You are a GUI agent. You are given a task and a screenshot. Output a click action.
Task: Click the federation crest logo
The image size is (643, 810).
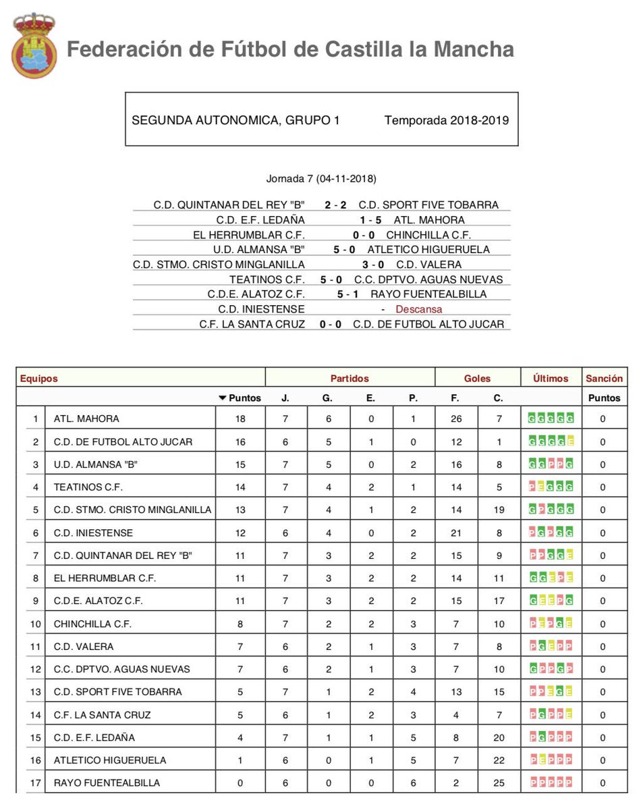pos(34,45)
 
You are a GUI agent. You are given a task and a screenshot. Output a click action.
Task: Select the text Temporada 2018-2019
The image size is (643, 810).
pos(446,121)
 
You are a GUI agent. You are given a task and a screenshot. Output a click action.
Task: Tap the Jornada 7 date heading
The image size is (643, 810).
pos(321,179)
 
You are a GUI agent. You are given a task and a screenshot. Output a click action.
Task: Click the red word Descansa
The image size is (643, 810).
pos(418,309)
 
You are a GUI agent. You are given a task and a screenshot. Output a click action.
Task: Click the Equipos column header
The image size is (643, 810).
pos(39,379)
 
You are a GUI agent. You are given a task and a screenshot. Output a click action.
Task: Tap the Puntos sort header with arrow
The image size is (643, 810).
pos(240,398)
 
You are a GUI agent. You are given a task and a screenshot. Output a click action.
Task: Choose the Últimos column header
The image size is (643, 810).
pos(551,379)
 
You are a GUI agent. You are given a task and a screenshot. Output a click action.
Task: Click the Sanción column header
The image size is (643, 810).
pos(604,379)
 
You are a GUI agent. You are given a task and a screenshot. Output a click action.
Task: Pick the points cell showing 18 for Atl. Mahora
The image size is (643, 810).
pos(240,419)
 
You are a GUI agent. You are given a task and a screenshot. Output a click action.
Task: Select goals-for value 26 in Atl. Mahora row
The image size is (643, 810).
pos(456,419)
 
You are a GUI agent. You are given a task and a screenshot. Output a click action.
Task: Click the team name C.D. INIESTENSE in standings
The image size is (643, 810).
pos(93,533)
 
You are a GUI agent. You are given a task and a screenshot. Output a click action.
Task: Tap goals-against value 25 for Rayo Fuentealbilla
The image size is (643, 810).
pos(499,783)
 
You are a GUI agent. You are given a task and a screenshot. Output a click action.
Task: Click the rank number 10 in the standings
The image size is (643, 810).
pos(35,624)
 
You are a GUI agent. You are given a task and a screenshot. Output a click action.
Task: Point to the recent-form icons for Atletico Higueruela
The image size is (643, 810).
pos(551,760)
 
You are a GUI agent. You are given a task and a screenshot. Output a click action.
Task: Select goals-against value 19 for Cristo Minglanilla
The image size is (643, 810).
pos(499,510)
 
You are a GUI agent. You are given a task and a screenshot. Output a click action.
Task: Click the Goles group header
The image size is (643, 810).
pos(477,379)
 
